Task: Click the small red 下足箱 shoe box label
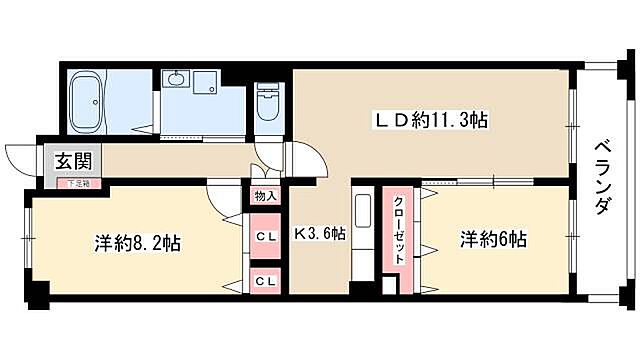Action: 77,183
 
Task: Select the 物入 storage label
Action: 265,197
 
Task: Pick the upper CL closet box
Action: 265,237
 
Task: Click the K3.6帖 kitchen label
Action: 319,235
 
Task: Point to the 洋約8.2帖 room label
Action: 137,242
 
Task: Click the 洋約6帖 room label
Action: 493,240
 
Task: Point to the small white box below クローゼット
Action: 390,284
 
